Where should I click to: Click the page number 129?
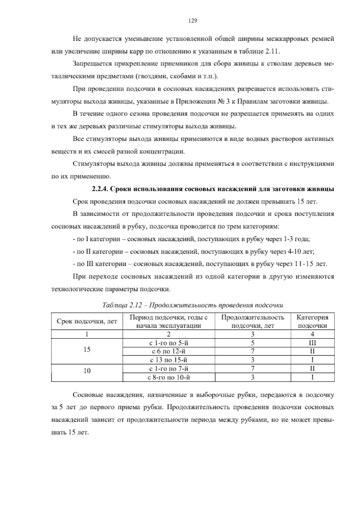click(x=192, y=21)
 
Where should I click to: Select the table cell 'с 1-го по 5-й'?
click(x=169, y=343)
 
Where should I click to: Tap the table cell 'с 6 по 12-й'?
click(x=169, y=351)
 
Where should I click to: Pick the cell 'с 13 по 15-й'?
click(x=169, y=360)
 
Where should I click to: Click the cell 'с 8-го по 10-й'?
click(x=169, y=377)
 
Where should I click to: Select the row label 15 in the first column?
click(x=87, y=350)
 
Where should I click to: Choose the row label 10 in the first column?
click(x=87, y=371)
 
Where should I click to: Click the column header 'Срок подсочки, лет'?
click(x=87, y=321)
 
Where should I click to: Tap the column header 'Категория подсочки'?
click(x=312, y=321)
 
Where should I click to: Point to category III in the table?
click(x=312, y=343)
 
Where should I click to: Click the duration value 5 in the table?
click(x=253, y=343)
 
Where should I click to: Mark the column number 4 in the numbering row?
click(x=312, y=334)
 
